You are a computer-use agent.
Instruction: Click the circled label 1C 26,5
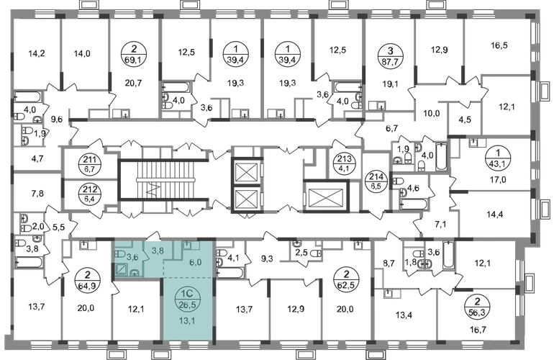[189, 300]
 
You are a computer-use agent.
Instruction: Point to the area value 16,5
[499, 45]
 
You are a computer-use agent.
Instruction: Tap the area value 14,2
[37, 54]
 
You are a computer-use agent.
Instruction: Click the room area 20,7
[133, 83]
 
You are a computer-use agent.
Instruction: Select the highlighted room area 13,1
[189, 320]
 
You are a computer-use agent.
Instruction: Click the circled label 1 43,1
[498, 158]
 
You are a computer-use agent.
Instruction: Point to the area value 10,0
[432, 114]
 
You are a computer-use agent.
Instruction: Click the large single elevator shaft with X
[326, 197]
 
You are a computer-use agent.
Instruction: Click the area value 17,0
[498, 180]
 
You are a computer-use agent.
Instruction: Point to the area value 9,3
[267, 258]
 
